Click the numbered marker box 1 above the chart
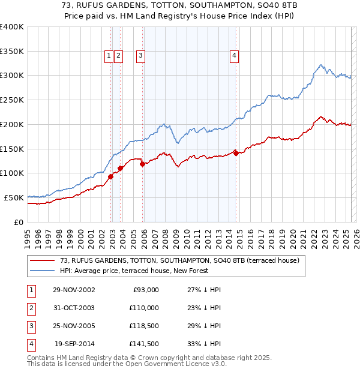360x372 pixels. click(109, 56)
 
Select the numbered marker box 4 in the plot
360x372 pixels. click(235, 56)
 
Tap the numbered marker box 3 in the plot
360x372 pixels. click(140, 56)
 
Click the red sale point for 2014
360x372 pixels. click(236, 153)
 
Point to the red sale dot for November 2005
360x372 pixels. click(142, 164)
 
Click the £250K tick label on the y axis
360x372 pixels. click(12, 100)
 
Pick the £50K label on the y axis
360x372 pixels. click(14, 197)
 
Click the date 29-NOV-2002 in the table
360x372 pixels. click(74, 290)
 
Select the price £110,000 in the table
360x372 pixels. click(144, 308)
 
